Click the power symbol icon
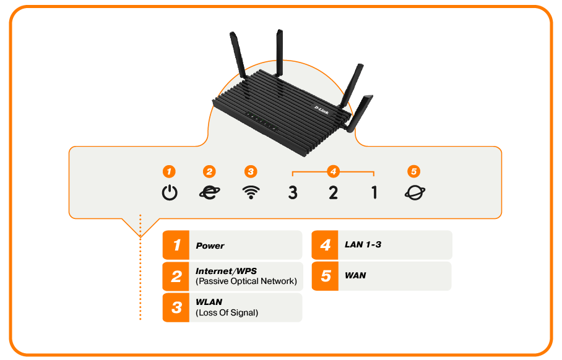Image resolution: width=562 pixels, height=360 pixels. point(170,193)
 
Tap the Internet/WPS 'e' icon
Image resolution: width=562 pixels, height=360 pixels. point(209,192)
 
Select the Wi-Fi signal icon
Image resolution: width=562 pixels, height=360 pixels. point(250,192)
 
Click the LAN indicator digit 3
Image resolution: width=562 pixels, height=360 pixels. point(293,193)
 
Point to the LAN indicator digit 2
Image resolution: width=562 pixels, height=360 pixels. point(333,193)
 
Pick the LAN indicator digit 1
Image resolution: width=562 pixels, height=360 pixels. point(374,193)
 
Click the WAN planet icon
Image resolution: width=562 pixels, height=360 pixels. point(415,192)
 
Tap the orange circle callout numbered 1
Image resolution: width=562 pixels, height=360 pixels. point(170,171)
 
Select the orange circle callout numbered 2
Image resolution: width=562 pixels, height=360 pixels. point(209,171)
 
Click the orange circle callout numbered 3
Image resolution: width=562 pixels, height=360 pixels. point(250,171)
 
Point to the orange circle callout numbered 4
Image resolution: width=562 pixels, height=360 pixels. point(333,171)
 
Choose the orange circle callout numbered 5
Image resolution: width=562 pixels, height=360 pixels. point(414,171)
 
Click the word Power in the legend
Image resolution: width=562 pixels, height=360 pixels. point(210,246)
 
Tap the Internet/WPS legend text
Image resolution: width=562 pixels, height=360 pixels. point(225,271)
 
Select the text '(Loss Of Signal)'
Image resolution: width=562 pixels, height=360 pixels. point(227,313)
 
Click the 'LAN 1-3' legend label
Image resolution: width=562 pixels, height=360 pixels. point(363,245)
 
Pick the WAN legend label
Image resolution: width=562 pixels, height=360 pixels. point(355,275)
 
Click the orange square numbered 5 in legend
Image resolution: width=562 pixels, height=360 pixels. point(326,276)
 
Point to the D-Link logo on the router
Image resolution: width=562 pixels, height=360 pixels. point(321,109)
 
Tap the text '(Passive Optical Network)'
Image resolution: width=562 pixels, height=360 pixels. point(246,281)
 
